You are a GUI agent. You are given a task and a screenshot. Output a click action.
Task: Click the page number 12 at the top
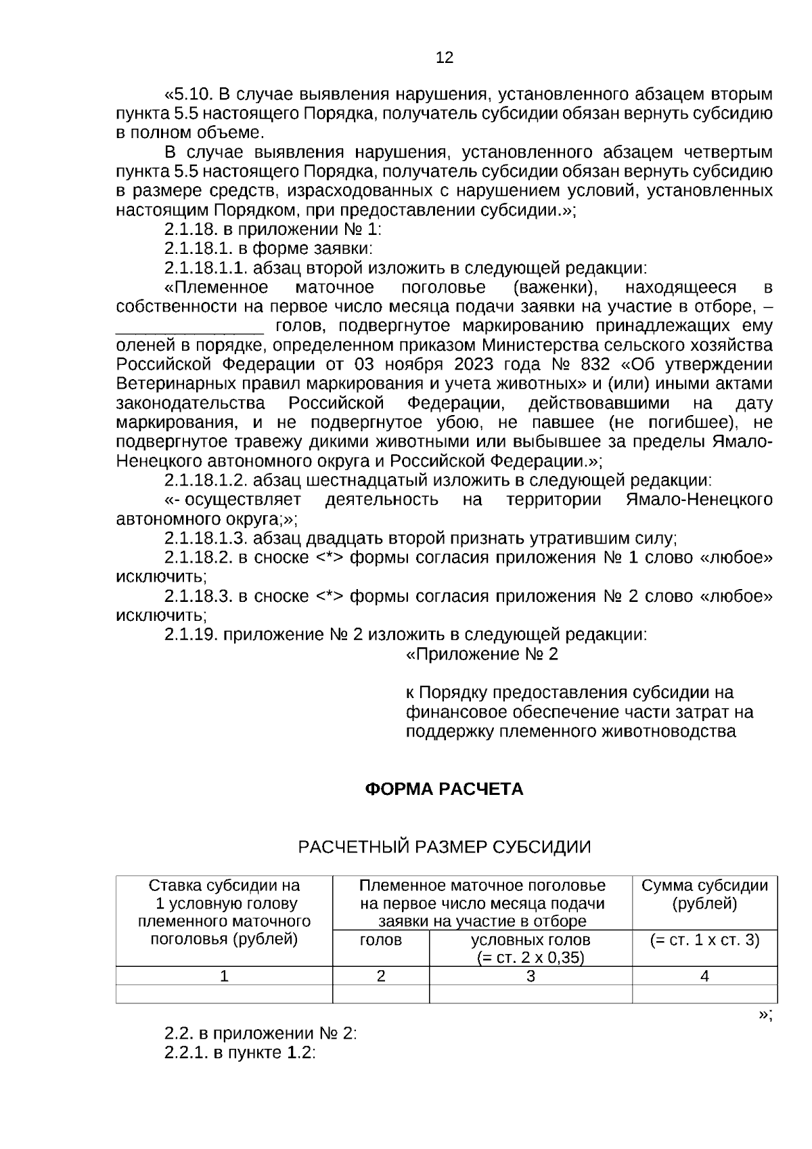pos(445,58)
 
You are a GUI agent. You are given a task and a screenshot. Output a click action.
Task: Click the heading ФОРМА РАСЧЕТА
pos(444,789)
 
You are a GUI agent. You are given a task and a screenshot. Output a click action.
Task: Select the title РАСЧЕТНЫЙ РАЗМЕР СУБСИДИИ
pos(445,847)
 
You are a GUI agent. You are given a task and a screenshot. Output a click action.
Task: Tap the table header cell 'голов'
pos(381,940)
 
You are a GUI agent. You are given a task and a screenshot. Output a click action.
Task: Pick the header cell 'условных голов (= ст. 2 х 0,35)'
pos(531,949)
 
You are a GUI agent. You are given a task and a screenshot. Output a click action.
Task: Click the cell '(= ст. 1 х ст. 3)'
pos(704,940)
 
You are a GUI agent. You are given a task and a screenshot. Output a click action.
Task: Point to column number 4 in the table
pos(704,976)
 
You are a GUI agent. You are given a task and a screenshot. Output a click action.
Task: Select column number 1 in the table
pos(224,976)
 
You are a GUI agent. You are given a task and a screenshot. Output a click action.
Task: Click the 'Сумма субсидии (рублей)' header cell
pos(704,894)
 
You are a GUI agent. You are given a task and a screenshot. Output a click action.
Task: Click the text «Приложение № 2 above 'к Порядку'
pos(482,655)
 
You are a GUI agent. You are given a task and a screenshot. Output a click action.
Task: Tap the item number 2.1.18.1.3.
pos(206,539)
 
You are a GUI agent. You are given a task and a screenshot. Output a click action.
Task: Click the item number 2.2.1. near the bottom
pos(186,1054)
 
